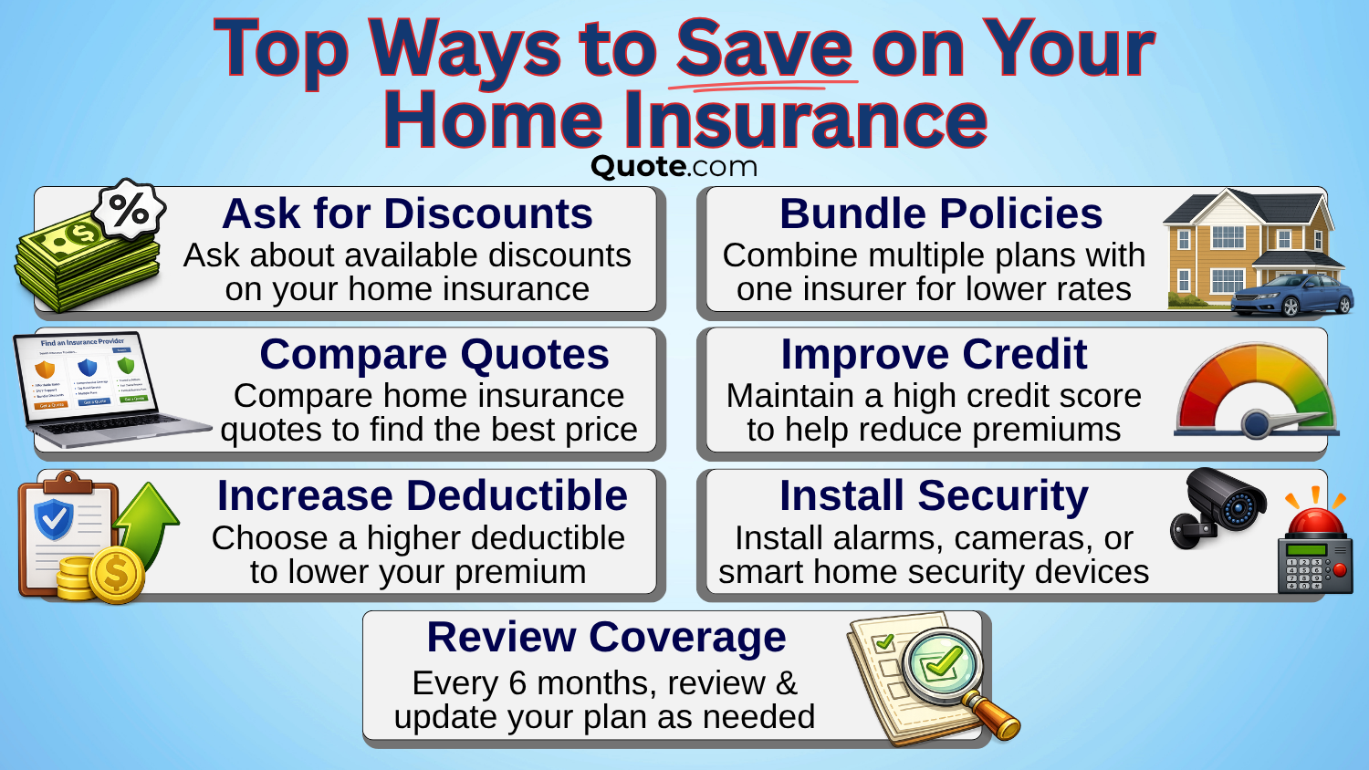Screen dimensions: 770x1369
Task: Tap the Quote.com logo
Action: [x=674, y=166]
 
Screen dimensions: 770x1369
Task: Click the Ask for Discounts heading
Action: [x=407, y=214]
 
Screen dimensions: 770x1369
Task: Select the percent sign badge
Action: [x=130, y=211]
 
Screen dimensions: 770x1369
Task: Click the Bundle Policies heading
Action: [x=941, y=214]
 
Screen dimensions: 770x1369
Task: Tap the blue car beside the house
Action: [x=1292, y=294]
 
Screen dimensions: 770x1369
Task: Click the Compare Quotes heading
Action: [x=434, y=354]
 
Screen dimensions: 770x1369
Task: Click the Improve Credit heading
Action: [x=934, y=354]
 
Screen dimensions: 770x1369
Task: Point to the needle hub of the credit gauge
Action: [x=1257, y=423]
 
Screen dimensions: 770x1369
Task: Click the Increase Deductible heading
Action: [x=422, y=495]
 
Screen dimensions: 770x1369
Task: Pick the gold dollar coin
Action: [x=116, y=575]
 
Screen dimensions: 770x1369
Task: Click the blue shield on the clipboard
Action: [x=53, y=519]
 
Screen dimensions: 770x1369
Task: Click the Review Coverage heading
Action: [x=606, y=637]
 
